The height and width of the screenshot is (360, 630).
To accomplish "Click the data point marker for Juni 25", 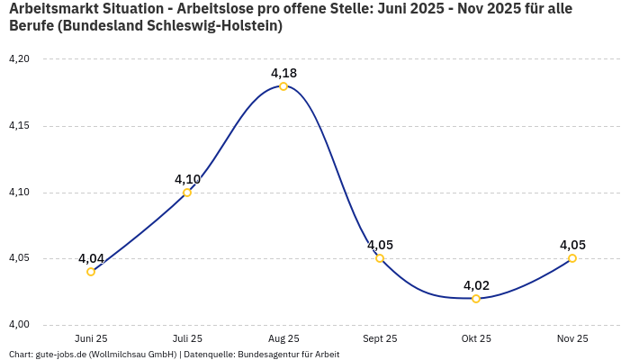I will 91,272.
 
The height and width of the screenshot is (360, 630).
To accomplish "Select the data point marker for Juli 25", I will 187,193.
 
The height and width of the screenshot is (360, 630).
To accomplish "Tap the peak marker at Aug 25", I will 283,86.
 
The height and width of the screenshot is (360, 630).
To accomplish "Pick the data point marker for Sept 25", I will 380,258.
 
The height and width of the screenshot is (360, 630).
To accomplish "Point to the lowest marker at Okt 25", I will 476,299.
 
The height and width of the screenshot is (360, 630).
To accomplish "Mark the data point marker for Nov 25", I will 572,258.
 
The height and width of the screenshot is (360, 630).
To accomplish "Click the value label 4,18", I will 283,73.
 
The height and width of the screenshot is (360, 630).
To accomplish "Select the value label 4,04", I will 91,258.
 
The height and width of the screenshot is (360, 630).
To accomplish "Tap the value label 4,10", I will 187,179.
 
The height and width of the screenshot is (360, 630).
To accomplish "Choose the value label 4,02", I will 476,285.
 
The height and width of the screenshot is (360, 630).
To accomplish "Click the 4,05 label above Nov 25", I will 572,245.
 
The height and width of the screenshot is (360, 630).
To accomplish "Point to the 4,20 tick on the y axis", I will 19,59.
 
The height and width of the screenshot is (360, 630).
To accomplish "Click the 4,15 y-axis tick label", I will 19,126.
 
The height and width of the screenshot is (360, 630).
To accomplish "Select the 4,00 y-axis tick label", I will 19,325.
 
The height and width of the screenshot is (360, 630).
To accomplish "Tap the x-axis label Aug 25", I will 283,339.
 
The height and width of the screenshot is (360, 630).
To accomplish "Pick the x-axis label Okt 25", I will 476,339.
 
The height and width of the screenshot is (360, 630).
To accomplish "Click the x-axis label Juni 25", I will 91,339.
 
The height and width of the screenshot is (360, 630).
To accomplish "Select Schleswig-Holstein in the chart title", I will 216,27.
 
